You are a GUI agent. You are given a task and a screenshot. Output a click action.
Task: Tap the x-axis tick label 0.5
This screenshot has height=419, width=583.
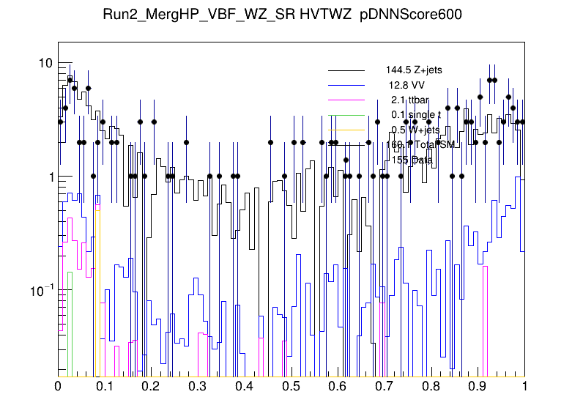[x=291, y=386]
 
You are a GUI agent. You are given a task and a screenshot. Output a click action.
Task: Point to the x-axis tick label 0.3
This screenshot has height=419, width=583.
[x=198, y=386]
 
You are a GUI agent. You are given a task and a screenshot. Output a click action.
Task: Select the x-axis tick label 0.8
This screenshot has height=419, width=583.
[x=431, y=386]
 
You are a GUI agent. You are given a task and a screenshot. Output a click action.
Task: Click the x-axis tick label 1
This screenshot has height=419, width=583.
[x=524, y=386]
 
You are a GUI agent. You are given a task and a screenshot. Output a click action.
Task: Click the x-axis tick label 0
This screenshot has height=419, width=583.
[x=59, y=386]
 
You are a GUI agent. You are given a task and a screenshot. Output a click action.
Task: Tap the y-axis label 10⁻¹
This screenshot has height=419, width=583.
[x=40, y=291]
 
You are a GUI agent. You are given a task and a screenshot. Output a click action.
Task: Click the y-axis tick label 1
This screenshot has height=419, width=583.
[x=49, y=177]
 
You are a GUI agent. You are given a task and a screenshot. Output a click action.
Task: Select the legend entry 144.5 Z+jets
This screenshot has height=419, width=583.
[x=414, y=70]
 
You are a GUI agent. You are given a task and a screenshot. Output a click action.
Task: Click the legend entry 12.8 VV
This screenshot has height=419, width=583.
[x=406, y=85]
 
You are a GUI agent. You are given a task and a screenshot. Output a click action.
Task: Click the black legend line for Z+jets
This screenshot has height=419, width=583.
[x=346, y=70]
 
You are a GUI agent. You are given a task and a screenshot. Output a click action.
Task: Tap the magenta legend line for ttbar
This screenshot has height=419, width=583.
[x=346, y=100]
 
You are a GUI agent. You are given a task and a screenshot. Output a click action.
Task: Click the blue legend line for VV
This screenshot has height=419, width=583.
[x=346, y=85]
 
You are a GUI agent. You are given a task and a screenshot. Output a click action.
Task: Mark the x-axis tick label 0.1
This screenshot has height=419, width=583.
[x=105, y=386]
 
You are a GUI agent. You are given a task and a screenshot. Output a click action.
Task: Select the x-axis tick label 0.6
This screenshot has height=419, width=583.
[x=338, y=386]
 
